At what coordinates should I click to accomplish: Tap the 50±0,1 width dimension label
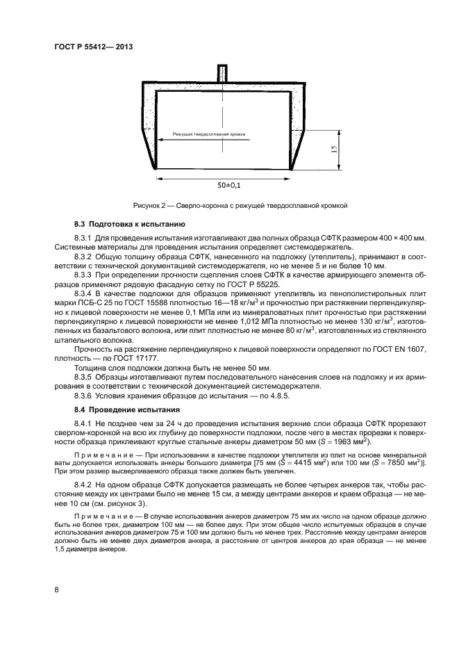pyautogui.click(x=230, y=186)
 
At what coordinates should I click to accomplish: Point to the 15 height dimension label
pyautogui.click(x=333, y=149)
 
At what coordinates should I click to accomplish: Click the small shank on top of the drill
pyautogui.click(x=222, y=72)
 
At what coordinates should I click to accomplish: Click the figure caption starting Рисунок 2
pyautogui.click(x=239, y=206)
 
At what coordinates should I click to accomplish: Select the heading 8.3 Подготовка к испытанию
pyautogui.click(x=128, y=225)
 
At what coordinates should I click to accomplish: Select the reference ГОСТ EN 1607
pyautogui.click(x=393, y=348)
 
